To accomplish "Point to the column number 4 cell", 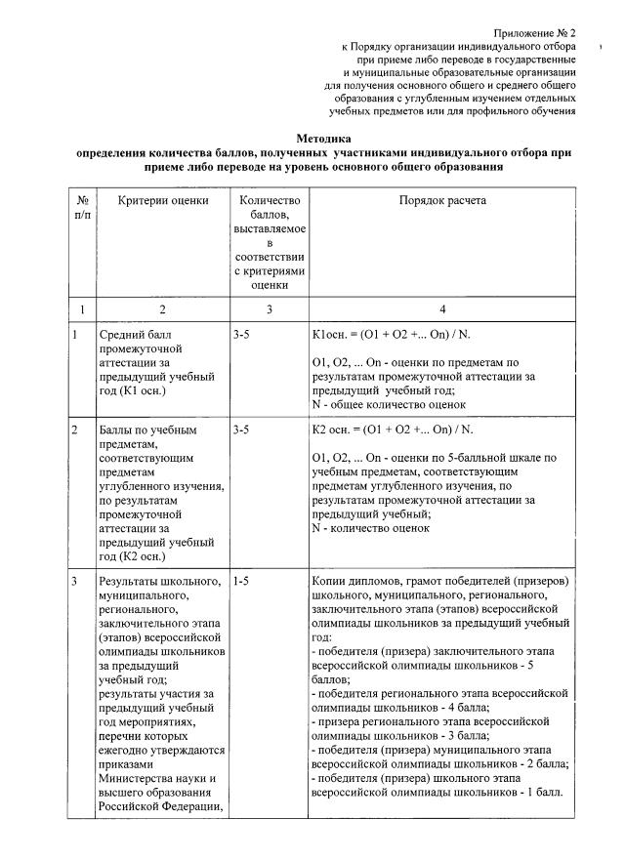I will point(442,309).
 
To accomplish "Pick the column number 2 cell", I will point(163,309).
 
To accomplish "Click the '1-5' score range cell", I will point(242,582).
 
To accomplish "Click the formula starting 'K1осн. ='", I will point(390,335).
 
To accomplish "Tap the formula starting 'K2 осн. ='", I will point(391,430).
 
